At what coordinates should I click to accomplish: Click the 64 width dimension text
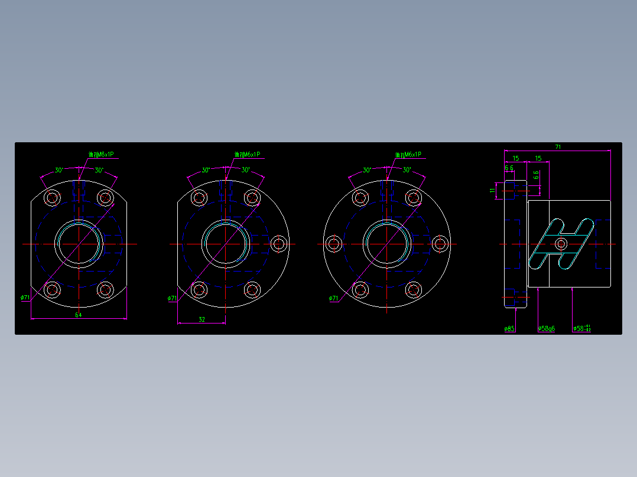tap(78, 315)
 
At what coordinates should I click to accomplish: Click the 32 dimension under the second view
tap(201, 319)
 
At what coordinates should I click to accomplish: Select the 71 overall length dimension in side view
tap(558, 146)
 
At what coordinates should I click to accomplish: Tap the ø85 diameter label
tap(509, 328)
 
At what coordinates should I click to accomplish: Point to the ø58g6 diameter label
tap(547, 328)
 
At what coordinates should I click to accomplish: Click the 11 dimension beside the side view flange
tap(493, 190)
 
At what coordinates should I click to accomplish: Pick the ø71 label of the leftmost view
tap(25, 298)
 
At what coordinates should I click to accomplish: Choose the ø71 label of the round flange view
tap(334, 298)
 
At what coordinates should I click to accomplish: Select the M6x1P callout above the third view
tap(408, 155)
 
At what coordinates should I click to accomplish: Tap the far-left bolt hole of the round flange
tap(334, 243)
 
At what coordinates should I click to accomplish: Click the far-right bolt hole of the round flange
tap(440, 243)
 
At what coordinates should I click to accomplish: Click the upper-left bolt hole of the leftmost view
tap(53, 197)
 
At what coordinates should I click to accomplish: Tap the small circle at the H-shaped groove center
tap(561, 243)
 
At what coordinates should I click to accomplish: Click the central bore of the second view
tap(225, 243)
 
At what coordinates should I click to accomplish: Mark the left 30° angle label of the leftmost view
tap(59, 170)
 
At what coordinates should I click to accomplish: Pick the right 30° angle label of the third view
tap(407, 170)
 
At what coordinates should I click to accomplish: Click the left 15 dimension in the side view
tap(515, 158)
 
